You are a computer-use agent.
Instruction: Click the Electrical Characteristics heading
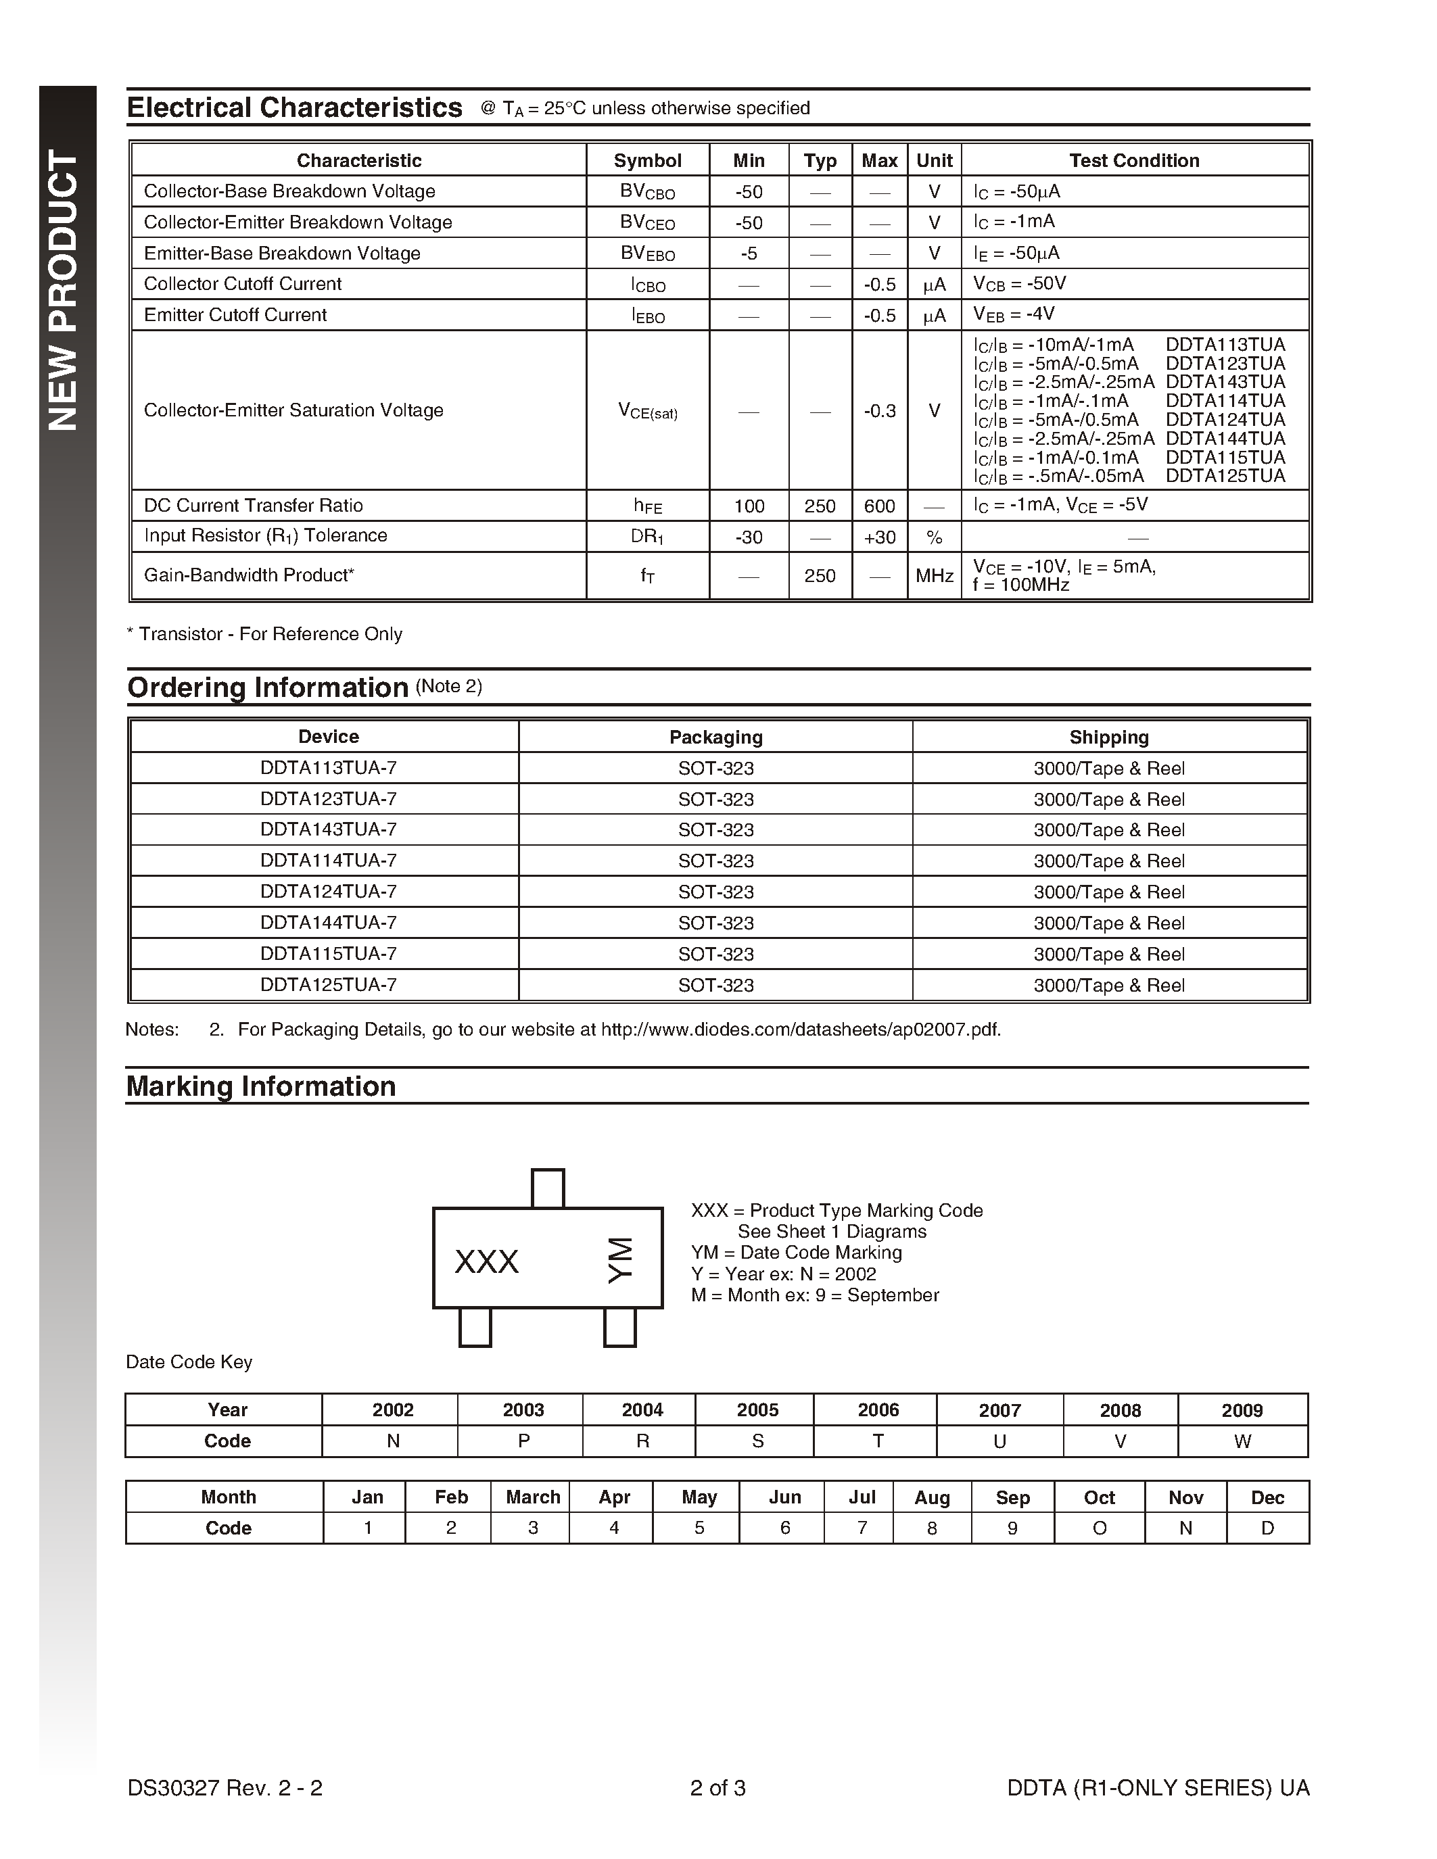[x=295, y=108]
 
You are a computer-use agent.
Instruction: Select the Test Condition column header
[x=1134, y=160]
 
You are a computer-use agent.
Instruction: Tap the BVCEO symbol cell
[x=647, y=222]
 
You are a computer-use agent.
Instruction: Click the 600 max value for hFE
[x=879, y=506]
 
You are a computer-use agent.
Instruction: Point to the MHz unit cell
[x=934, y=576]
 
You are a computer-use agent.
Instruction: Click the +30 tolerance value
[x=879, y=537]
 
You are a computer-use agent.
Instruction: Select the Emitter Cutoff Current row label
[x=235, y=315]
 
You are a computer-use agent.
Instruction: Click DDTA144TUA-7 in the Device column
[x=329, y=923]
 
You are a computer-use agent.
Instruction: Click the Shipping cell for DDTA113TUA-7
[x=1108, y=769]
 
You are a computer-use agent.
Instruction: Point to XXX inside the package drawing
[x=487, y=1261]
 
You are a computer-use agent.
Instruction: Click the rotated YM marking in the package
[x=621, y=1261]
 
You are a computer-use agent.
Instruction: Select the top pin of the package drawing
[x=547, y=1188]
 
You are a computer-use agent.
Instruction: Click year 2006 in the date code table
[x=878, y=1410]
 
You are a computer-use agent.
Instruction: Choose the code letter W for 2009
[x=1242, y=1442]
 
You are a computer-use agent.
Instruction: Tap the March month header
[x=533, y=1497]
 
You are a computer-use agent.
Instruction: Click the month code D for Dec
[x=1267, y=1528]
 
